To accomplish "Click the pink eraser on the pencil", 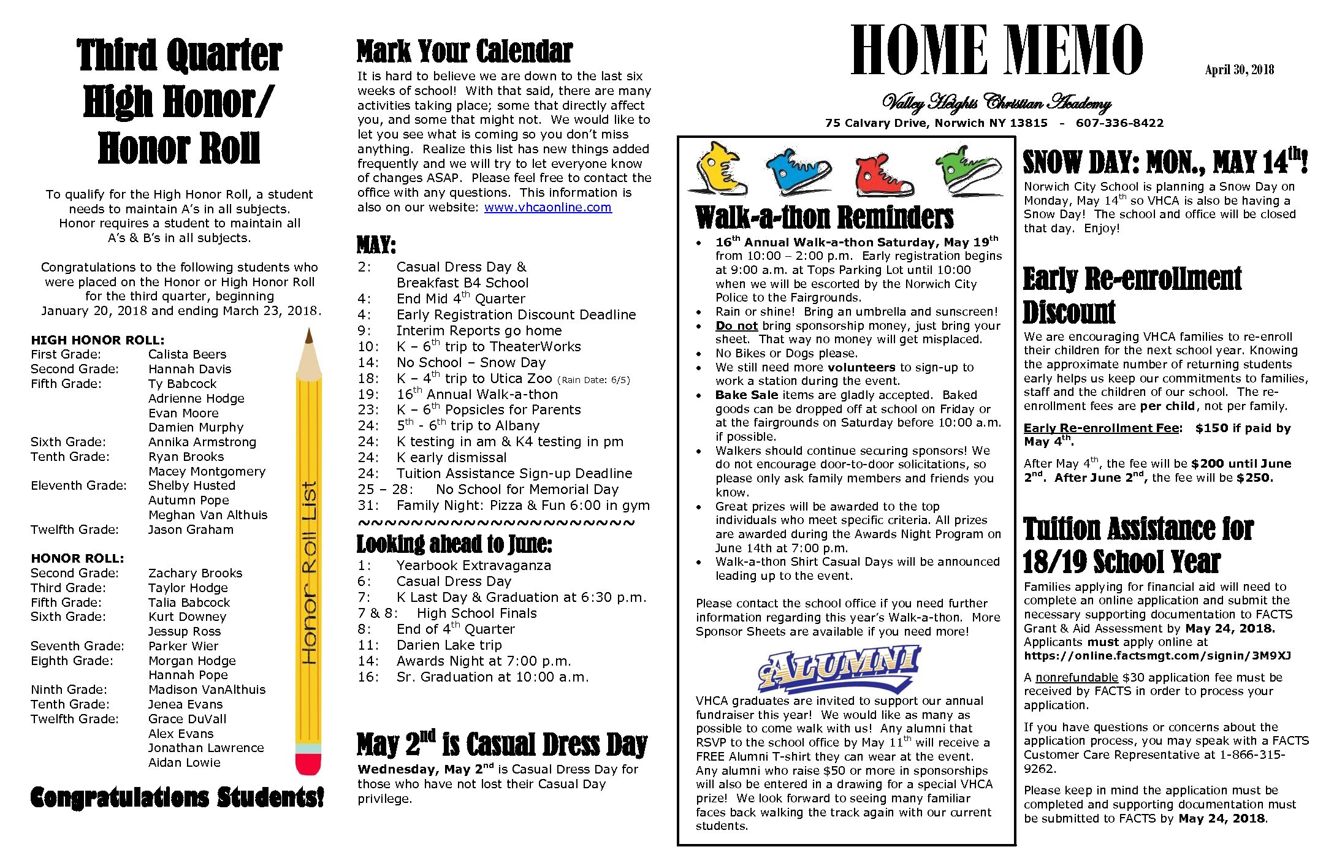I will coord(308,764).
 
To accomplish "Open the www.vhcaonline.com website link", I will coord(547,207).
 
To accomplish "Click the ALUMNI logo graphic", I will coord(839,667).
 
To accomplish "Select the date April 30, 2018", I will coord(1239,70).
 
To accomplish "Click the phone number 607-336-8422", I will coord(1119,123).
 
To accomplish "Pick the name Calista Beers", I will coord(187,354).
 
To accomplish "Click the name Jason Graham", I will coord(191,530).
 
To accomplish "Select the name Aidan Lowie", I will coord(184,762).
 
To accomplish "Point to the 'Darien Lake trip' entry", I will coord(449,645).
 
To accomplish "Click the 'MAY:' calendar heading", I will coord(376,245).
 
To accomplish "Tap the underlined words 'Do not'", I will coord(736,325).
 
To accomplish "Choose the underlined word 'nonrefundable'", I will coord(1077,677).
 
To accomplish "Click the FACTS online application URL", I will coord(1157,656).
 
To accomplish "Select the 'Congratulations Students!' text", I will coord(177,797).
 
